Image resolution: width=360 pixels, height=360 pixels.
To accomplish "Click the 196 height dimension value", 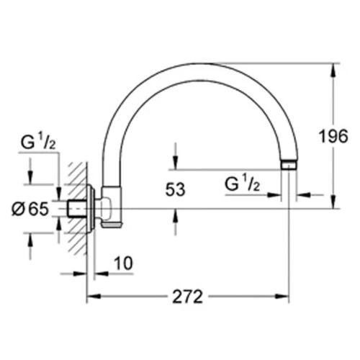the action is click(x=333, y=136).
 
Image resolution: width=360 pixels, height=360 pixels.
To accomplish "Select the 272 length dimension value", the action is click(x=188, y=297).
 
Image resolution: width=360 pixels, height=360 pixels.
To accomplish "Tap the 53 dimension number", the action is click(x=176, y=189).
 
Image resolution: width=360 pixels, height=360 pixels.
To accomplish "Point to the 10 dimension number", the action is click(x=123, y=264).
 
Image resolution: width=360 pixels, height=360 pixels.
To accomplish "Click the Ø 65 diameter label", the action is click(x=30, y=209).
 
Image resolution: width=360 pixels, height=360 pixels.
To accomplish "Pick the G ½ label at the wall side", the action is click(x=38, y=142).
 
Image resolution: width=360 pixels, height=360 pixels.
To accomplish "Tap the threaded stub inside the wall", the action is click(x=76, y=209).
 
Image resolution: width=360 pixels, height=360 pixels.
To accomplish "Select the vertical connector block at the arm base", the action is click(x=112, y=207).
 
